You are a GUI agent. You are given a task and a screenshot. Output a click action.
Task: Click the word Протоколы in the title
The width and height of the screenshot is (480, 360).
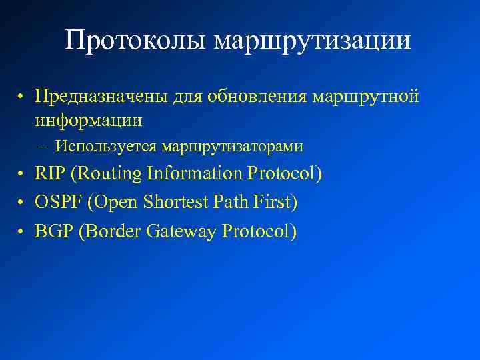tap(137, 41)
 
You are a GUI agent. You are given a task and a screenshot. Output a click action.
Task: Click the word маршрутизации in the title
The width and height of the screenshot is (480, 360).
tap(313, 41)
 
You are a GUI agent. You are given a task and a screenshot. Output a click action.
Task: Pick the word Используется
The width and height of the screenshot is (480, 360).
tap(106, 146)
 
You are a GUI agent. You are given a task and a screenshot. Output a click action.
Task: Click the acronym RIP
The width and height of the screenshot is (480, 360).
tap(51, 174)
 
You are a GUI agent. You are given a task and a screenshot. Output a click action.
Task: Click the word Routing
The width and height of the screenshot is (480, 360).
tap(109, 175)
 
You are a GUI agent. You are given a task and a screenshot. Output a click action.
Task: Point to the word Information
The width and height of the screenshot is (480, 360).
tap(195, 174)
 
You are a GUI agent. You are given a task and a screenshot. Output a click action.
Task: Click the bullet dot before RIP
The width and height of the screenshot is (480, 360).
tap(22, 175)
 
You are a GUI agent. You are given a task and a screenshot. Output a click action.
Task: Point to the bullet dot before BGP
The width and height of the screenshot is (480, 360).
tap(22, 233)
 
